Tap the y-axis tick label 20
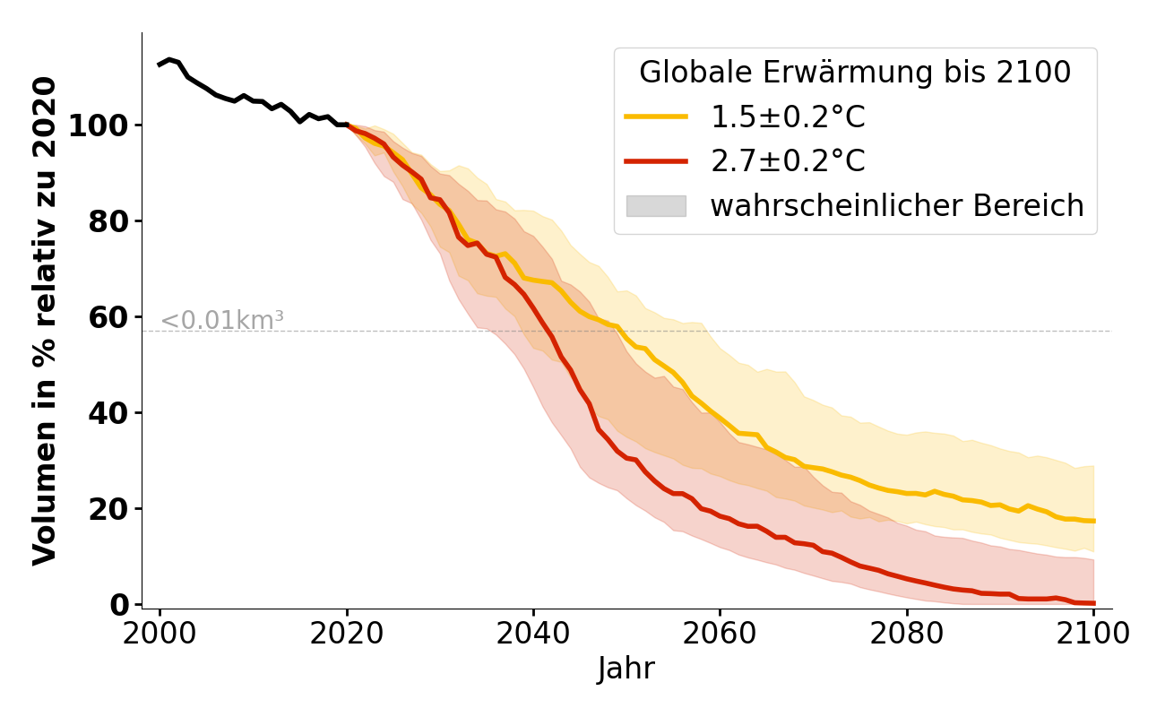pos(108,509)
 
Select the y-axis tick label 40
pos(108,413)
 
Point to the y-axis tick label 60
pos(108,317)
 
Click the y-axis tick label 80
pos(108,221)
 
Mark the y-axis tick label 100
pos(97,125)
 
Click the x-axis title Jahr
pos(626,669)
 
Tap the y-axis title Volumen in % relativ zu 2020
pos(45,320)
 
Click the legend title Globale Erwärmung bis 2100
pos(855,73)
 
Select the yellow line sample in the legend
pos(656,117)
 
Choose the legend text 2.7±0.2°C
pos(788,161)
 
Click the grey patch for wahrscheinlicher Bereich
pos(656,206)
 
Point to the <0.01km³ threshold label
pos(222,320)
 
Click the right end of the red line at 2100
pos(1093,603)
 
